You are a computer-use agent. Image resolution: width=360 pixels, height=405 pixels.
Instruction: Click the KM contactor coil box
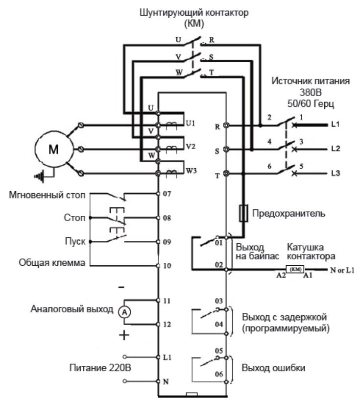(295, 269)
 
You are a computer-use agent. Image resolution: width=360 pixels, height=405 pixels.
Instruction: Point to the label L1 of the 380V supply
(335, 125)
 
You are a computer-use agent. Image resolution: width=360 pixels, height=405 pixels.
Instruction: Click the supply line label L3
(335, 173)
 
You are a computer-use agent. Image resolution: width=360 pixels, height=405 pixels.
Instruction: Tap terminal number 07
(168, 194)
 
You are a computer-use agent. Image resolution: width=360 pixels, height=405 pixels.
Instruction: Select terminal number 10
(168, 266)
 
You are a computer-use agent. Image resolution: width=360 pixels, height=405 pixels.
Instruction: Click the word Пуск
(75, 242)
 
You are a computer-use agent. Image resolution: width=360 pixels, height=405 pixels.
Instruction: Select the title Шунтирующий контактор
(193, 13)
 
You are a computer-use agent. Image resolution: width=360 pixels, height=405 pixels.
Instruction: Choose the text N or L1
(338, 270)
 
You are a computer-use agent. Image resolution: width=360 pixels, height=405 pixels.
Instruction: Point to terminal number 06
(218, 374)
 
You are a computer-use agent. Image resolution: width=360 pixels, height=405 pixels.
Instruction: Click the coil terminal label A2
(280, 277)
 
